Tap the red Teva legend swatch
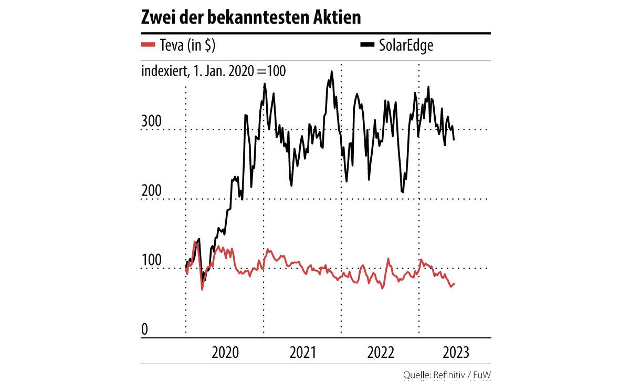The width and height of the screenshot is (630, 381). coord(149,45)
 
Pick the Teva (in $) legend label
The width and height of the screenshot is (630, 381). coord(187,46)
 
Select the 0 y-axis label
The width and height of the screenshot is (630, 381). coord(145,330)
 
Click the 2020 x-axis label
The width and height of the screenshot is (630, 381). coord(225,352)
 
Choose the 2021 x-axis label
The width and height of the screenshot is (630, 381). coord(302,352)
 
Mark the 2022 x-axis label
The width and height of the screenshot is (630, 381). coord(380,352)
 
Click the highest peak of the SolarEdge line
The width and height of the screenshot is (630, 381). coord(332,71)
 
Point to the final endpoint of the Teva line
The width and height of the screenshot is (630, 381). coord(454,284)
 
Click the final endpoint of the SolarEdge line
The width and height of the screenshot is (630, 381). coord(454,140)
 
